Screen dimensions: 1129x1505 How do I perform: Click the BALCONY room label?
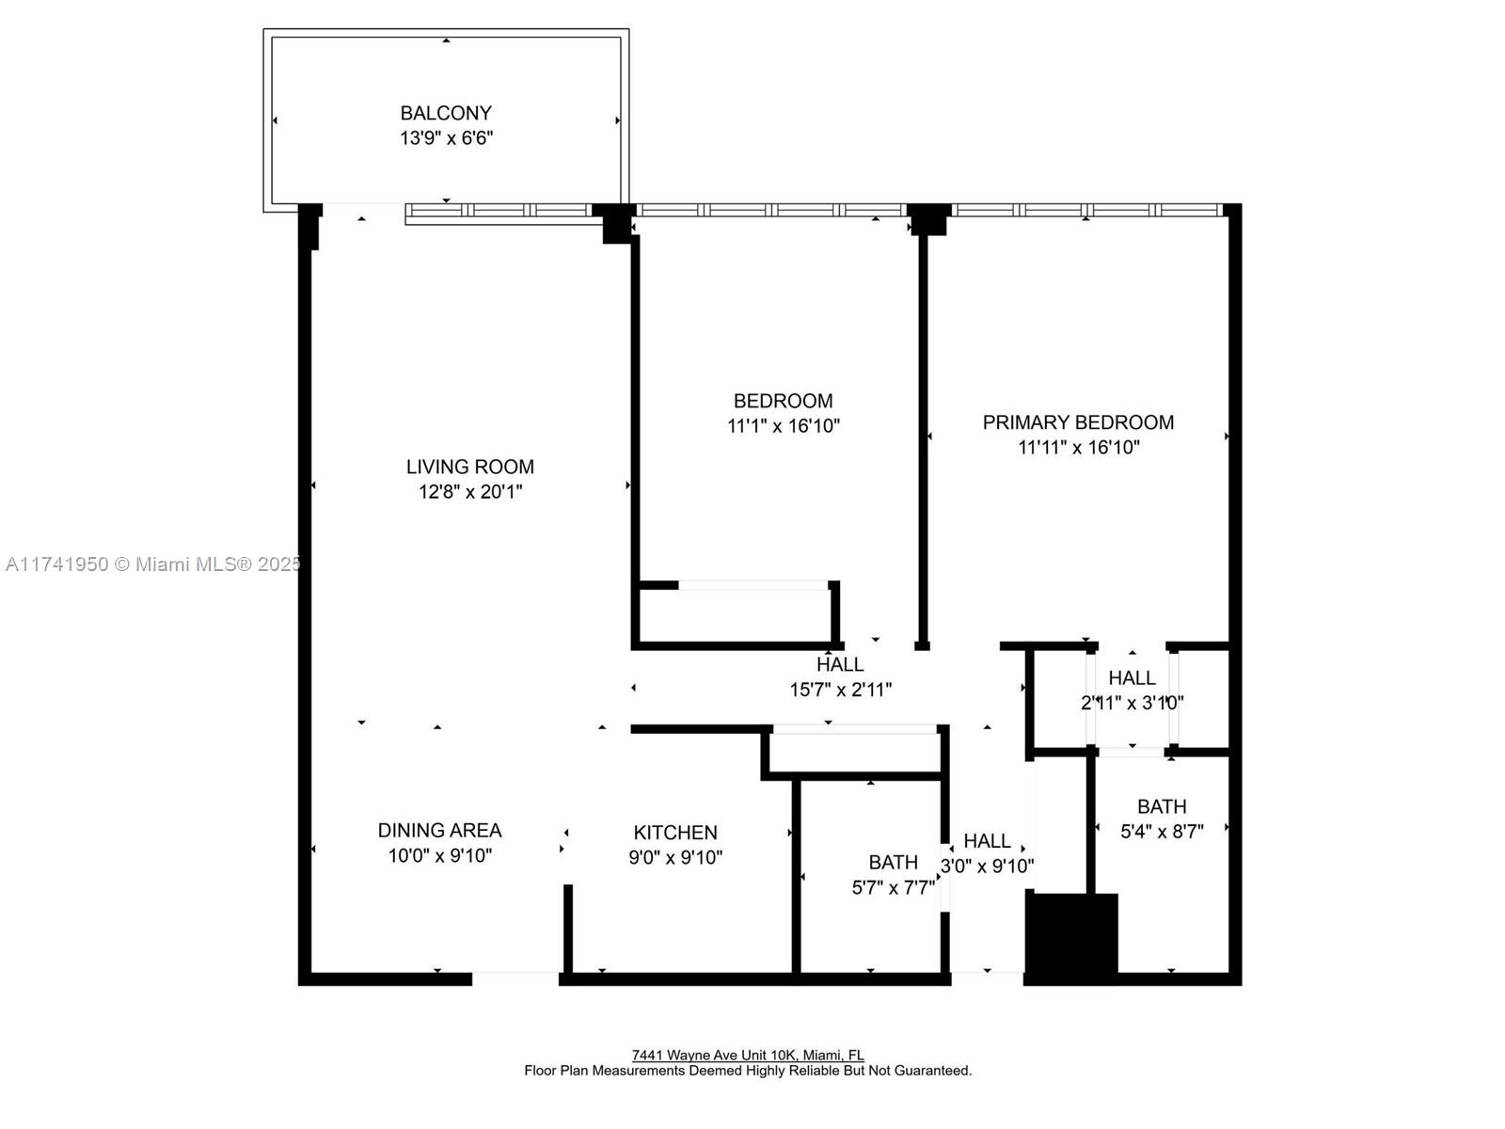point(446,113)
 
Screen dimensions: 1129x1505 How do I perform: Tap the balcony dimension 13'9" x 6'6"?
point(446,138)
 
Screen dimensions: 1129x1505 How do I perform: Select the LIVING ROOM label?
point(469,467)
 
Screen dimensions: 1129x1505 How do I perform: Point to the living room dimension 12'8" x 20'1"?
point(469,491)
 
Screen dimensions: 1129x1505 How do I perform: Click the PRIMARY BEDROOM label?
point(1078,422)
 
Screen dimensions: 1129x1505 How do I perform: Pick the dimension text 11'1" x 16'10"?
point(783,425)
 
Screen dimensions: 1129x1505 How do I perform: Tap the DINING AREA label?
point(439,830)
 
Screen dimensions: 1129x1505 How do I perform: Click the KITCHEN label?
point(674,833)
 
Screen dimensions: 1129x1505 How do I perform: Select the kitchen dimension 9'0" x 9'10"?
point(674,857)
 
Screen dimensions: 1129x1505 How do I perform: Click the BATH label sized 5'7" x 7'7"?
point(893,862)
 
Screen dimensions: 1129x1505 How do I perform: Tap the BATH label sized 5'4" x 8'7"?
point(1161,806)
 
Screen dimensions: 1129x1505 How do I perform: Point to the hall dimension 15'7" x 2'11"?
point(840,690)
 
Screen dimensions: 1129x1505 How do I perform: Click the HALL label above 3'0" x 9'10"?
point(987,841)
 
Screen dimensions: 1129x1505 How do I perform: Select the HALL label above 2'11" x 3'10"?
point(1132,677)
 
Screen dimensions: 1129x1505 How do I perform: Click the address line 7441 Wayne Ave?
point(748,1056)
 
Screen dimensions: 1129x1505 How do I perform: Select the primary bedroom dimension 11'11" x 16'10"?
point(1078,447)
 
